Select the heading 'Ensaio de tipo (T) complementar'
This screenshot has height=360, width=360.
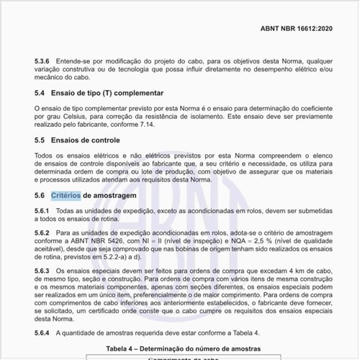pos(111,94)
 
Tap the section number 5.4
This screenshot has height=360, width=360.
pos(40,94)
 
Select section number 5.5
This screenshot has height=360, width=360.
pos(40,140)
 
